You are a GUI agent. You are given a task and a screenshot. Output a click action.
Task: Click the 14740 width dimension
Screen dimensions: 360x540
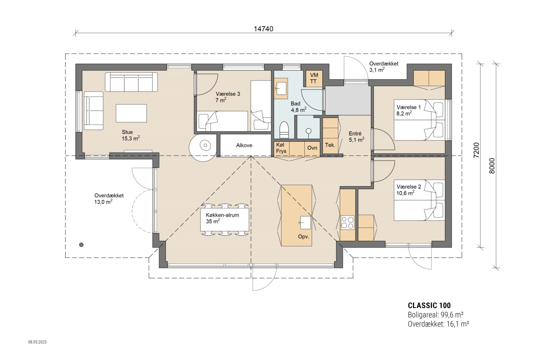tap(263, 29)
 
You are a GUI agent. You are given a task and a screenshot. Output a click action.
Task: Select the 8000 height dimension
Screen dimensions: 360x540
tap(492, 165)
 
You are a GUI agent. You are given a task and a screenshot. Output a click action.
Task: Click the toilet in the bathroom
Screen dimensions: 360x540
tap(284, 130)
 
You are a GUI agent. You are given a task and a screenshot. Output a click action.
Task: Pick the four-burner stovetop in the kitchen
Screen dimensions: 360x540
tap(347, 222)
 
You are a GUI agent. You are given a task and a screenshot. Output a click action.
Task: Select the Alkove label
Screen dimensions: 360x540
tap(244, 145)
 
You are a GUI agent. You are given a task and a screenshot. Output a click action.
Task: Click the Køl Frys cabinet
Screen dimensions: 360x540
tap(281, 148)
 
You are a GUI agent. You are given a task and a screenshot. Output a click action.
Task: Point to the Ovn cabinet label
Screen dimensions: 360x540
tap(312, 148)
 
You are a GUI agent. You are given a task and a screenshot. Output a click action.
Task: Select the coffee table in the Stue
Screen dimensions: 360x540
tap(131, 113)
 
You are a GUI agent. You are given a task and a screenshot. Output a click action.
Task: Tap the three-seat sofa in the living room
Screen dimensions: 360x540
tap(131, 82)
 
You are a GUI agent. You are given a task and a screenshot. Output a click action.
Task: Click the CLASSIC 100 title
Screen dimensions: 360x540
tap(429, 306)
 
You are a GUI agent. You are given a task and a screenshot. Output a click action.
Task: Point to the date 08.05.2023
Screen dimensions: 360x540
tap(37, 342)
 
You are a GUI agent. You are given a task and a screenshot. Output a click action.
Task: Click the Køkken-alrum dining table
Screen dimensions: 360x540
tap(225, 220)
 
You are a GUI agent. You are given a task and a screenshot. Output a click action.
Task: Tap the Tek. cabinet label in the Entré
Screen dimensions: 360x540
tap(330, 145)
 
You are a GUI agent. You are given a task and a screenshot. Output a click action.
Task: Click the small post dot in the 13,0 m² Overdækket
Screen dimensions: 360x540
tap(81, 245)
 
